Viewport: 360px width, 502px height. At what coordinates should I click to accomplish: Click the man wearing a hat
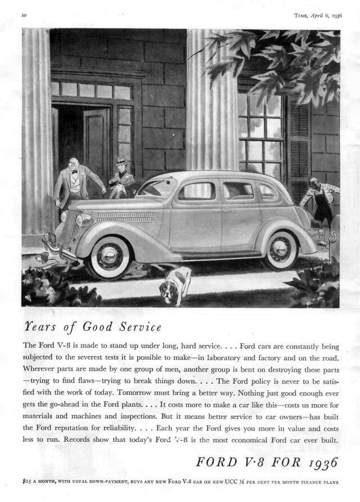coord(121,178)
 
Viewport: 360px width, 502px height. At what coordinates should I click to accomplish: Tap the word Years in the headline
coord(39,327)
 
